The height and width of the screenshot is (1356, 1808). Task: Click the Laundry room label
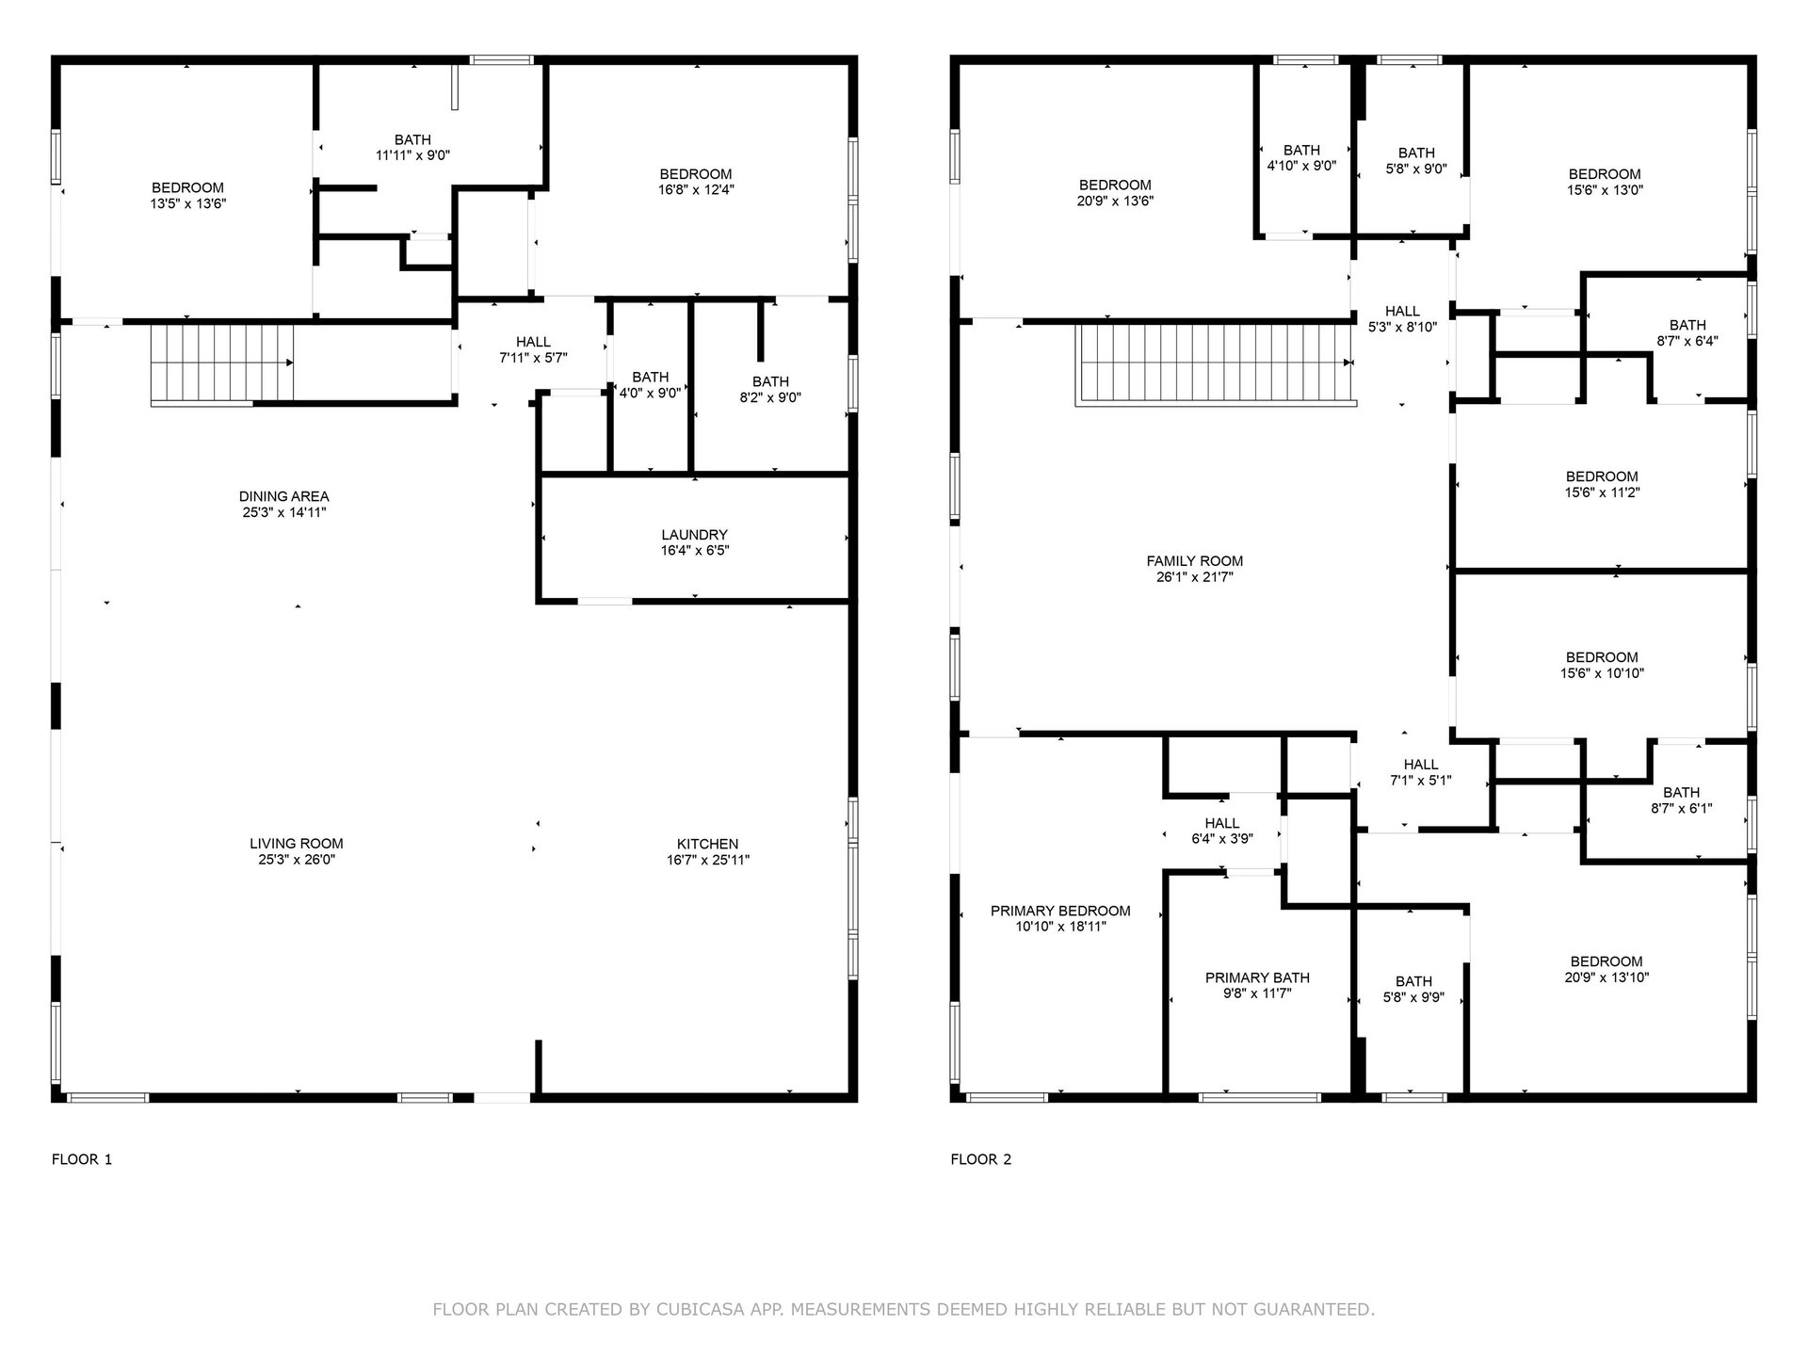694,535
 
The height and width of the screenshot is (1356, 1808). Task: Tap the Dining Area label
284,496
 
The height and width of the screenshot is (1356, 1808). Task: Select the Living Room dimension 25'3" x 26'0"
297,860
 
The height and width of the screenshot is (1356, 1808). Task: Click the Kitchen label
707,844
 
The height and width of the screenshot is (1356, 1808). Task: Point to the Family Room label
1194,561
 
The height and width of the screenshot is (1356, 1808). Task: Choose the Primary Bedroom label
1060,911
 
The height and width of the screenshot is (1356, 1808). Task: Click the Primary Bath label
1257,977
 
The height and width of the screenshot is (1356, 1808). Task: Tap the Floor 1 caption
82,1159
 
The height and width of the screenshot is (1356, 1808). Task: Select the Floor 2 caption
981,1159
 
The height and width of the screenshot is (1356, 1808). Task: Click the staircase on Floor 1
222,364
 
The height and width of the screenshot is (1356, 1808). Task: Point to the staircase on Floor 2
1216,364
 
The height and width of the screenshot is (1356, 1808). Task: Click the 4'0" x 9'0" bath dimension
650,394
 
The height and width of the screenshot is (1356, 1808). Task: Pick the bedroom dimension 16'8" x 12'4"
696,189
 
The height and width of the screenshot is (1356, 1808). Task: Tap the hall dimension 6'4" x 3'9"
1222,839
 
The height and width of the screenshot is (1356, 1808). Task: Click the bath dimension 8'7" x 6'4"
1687,341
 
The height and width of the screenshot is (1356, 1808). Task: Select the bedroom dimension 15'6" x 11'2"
1602,492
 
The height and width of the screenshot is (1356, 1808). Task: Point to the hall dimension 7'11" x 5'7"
533,358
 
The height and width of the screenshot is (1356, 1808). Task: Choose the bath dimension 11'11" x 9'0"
413,155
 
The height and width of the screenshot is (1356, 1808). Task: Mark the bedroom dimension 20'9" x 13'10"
1606,977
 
